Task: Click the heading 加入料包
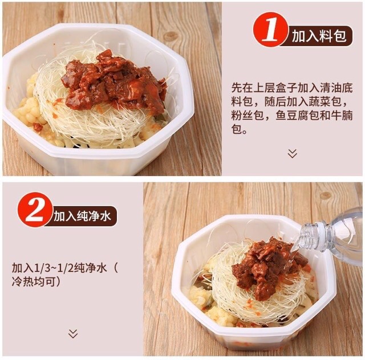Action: [x=318, y=36]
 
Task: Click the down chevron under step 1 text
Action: [x=293, y=153]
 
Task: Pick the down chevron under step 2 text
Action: [x=72, y=333]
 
